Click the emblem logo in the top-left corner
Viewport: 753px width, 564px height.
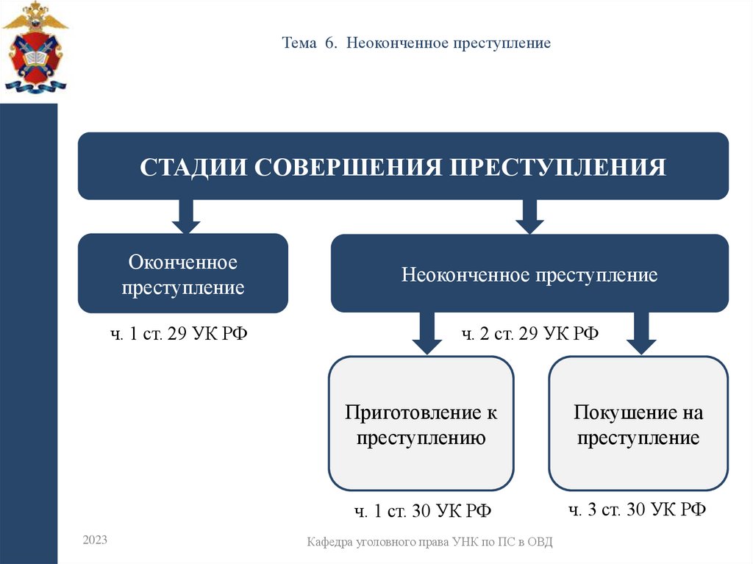coord(35,47)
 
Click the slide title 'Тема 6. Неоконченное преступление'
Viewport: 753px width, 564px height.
coord(416,43)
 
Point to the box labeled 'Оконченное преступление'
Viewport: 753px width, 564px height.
coord(183,274)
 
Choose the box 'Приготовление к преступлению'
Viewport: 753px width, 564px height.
coord(421,424)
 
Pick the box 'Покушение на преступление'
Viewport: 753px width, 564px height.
coord(638,424)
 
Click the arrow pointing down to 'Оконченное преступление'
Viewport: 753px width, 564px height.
coord(185,216)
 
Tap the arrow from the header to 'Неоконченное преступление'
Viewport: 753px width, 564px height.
coord(529,216)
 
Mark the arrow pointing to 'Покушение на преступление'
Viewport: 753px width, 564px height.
coord(640,332)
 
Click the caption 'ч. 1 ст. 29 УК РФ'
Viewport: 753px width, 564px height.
coord(179,335)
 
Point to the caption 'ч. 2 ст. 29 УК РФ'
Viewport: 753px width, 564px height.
coord(529,335)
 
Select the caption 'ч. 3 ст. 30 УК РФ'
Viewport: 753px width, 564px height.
coord(638,510)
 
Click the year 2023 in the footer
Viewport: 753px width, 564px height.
coord(95,540)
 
